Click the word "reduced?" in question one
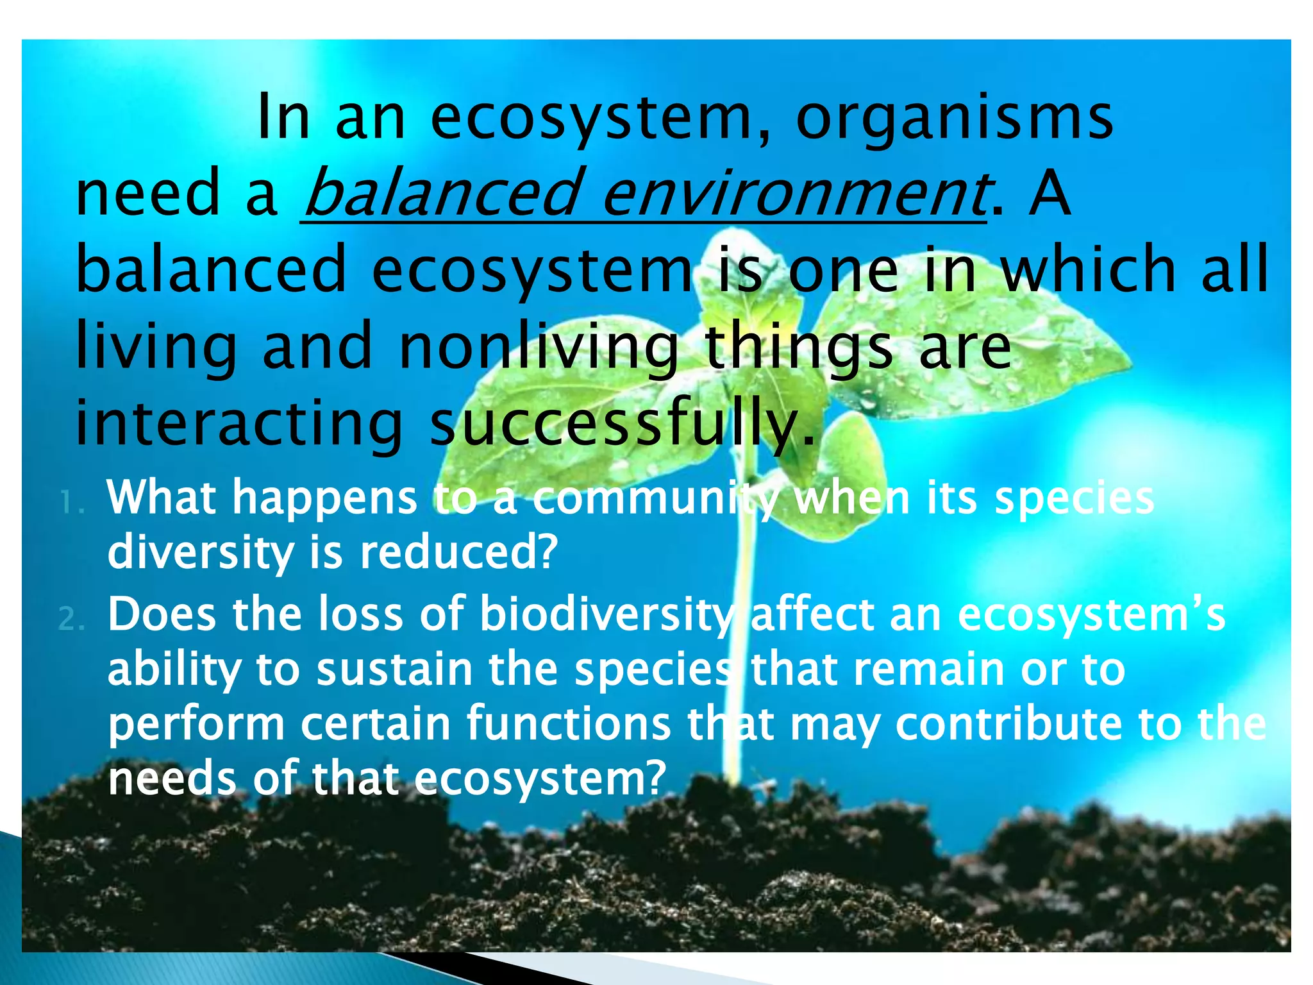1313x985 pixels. [459, 552]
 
